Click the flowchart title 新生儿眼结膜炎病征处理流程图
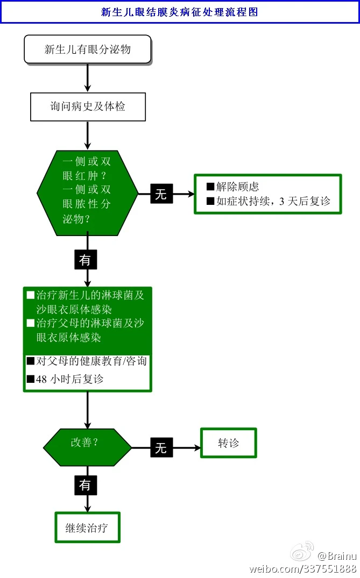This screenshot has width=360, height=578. pos(180,12)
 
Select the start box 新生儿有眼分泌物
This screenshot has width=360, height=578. pos(87,50)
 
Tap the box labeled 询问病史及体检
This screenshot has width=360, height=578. pos(88,106)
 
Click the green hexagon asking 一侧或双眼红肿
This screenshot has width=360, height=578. pos(87,192)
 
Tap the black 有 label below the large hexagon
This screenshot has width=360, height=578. pos(85,260)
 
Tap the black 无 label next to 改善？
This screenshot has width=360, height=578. pos(161,447)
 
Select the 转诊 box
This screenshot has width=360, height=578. pos(228,443)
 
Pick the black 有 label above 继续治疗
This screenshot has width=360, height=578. pos(85,485)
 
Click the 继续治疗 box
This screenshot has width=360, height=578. pos(87,527)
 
